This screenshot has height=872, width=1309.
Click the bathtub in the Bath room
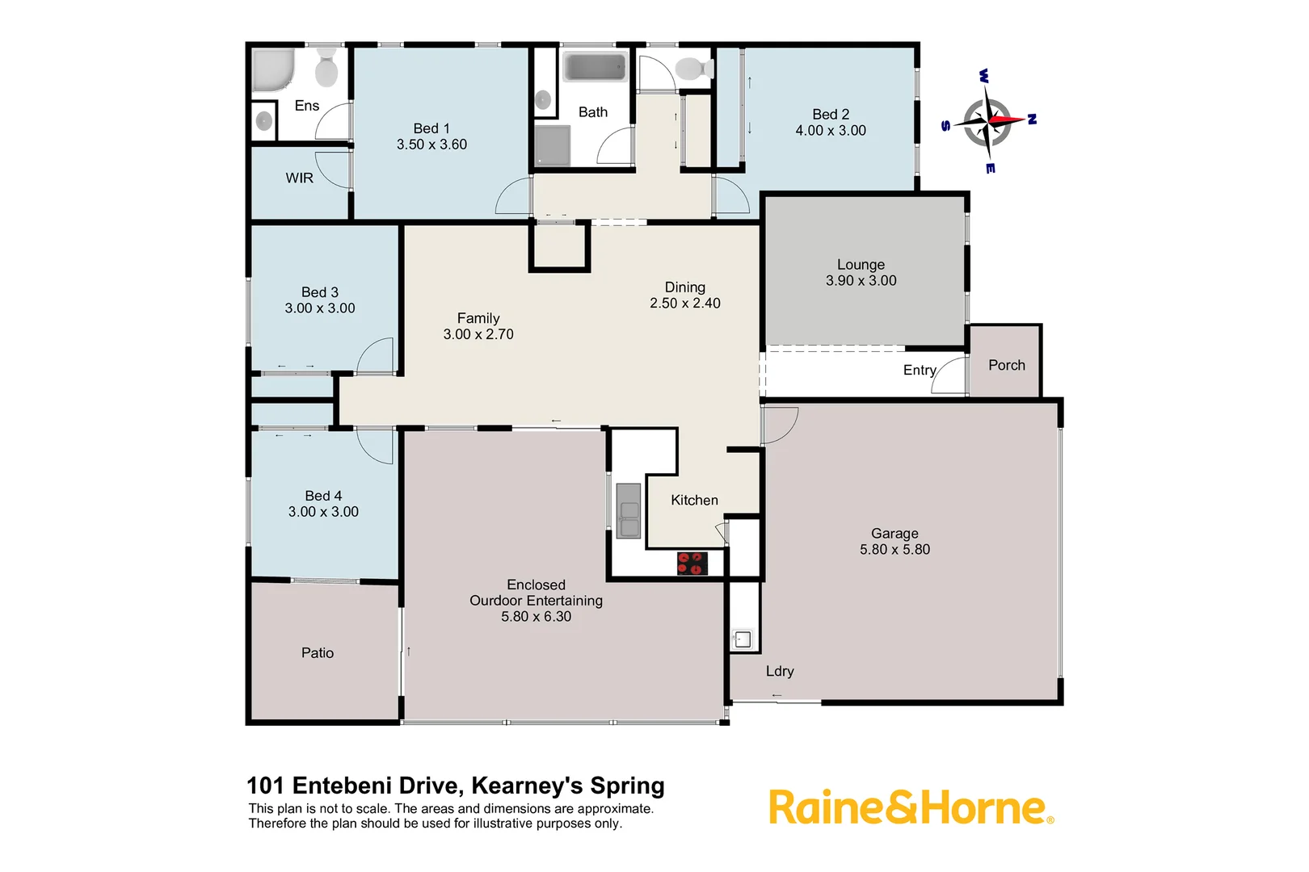point(595,67)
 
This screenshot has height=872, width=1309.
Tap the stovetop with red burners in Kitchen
point(692,563)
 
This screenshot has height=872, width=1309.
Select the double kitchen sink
point(628,510)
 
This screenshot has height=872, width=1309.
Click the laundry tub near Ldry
point(743,639)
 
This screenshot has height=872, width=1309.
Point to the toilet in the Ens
point(326,68)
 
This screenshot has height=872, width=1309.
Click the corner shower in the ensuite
point(272,71)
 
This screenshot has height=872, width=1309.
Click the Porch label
point(1006,365)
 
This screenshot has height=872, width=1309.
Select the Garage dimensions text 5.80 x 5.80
point(894,549)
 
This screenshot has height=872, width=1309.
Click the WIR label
point(299,178)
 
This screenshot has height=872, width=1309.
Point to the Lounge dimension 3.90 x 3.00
point(861,280)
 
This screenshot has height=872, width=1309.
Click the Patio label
point(317,652)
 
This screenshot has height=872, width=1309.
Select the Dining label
point(684,287)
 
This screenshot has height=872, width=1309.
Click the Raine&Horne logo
point(910,807)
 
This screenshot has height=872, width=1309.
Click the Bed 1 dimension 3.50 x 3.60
point(431,145)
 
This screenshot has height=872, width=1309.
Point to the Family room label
point(478,318)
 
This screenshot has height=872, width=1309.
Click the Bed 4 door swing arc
point(375,446)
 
